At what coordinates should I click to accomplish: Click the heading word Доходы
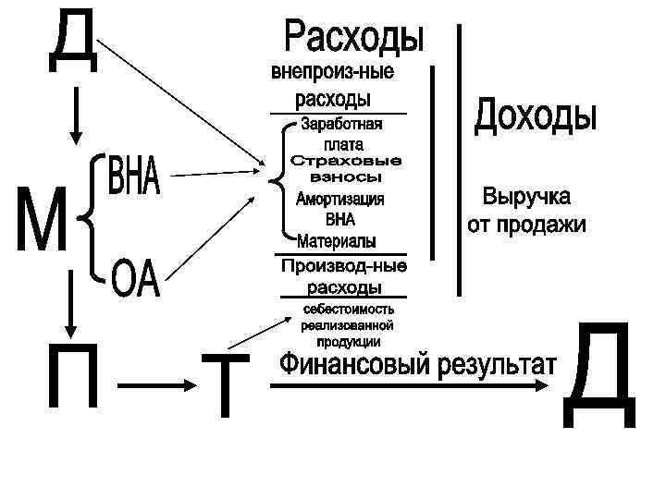pos(536,117)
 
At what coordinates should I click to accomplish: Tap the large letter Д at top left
pos(72,39)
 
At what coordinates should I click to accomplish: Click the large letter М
pos(42,218)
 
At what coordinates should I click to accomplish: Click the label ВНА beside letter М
pos(135,176)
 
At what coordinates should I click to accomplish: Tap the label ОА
pos(136,278)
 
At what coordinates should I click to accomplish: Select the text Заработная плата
pos(341,134)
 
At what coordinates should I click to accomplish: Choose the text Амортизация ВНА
pos(339,210)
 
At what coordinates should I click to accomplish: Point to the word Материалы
pos(338,241)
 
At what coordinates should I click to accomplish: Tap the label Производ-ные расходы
pos(343,276)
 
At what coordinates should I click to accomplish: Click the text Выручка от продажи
pos(526,212)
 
